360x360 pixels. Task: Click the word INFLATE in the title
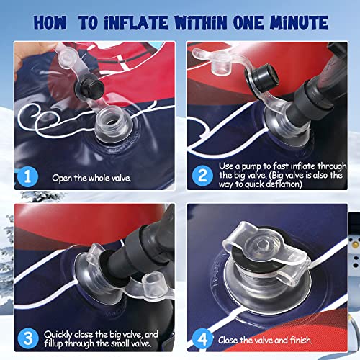point(136,23)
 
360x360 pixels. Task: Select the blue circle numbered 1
point(27,176)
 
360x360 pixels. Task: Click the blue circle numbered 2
point(202,176)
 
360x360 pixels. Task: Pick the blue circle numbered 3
point(28,338)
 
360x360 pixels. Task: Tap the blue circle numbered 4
point(203,339)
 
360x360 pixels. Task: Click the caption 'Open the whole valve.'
point(91,178)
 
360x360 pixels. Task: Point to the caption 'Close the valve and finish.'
point(265,340)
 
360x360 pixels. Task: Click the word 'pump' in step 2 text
point(251,166)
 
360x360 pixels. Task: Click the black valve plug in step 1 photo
point(90,87)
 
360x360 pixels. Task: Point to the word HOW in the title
point(50,23)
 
